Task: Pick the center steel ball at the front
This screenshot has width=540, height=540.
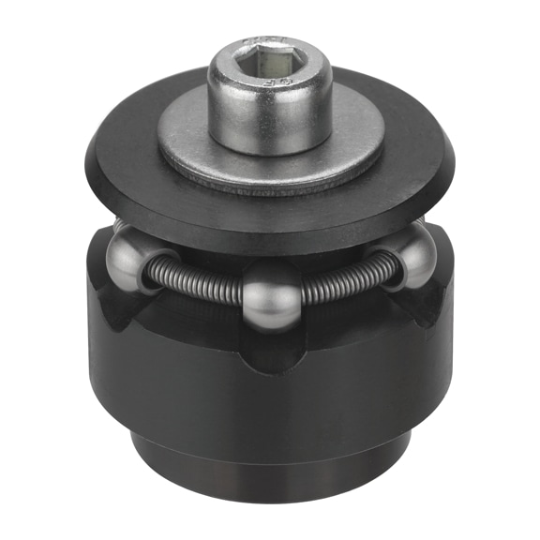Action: click(270, 297)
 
